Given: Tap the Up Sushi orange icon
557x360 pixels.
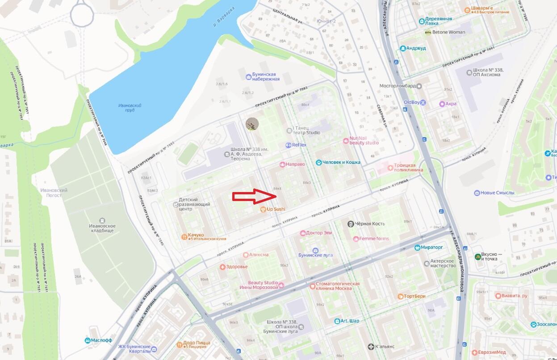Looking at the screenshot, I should pos(263,209).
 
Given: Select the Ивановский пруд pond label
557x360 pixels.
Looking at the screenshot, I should pos(130,107).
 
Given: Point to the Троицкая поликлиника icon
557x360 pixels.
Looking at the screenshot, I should pos(390,167).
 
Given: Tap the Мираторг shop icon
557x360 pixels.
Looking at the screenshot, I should pos(417,247).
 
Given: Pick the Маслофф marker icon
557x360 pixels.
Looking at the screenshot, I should pos(87,340).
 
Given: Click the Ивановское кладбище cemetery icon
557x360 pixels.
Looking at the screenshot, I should pos(102,220).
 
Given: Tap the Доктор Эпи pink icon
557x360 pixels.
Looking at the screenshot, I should pos(302,233).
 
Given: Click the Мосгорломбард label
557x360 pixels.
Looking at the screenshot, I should pos(398,86).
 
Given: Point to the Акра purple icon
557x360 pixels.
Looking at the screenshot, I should pos(442,104).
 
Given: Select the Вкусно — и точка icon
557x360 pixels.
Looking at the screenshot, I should pos(477,256).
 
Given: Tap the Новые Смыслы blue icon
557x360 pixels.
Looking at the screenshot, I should pos(477,193).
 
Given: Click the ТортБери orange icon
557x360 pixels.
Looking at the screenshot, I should pos(401,296).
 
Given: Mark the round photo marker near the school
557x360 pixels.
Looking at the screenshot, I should pos(252,124).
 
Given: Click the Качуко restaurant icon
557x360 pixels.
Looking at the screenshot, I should pos(184,237).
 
